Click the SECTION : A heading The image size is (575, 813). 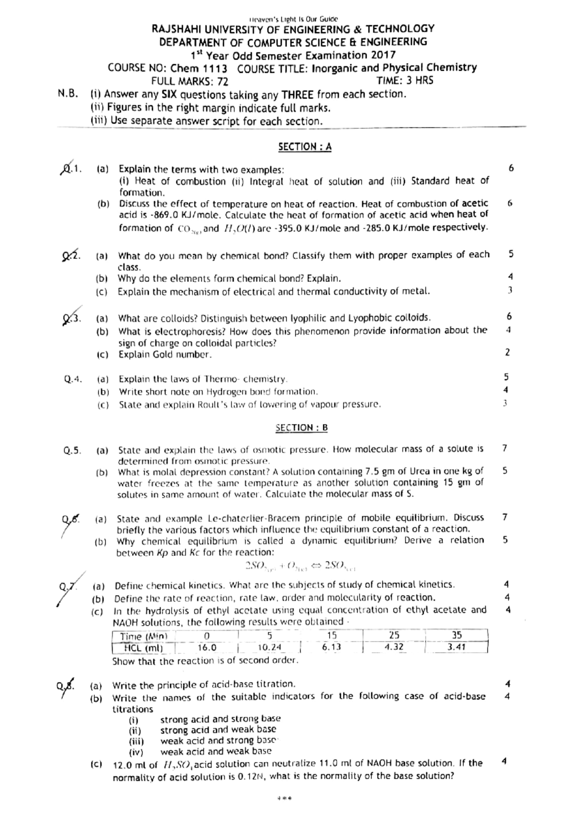pos(305,147)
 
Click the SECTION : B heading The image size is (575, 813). pos(301,428)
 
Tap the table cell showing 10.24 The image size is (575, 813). pos(269,648)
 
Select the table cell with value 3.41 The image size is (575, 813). pos(456,647)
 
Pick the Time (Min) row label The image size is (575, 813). pos(143,636)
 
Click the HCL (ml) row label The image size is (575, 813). pos(143,648)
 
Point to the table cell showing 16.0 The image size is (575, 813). pos(207,648)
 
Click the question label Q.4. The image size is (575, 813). pos(73,379)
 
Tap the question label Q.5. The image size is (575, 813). pos(72,451)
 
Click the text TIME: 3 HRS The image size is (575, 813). pos(404,80)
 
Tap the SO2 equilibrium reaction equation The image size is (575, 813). pos(300,565)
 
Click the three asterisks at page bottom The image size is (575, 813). pos(284,798)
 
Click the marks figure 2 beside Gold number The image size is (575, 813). pos(507,352)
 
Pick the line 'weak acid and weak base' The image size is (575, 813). pos(216,751)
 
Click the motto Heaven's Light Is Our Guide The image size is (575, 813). pos(293,19)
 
